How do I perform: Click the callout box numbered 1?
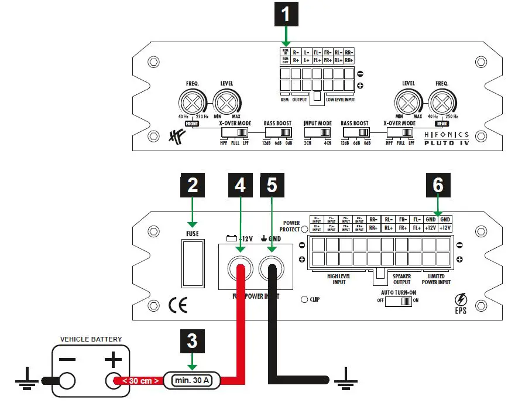(x=286, y=14)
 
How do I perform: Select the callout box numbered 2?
(x=193, y=186)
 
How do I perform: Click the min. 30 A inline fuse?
(x=193, y=380)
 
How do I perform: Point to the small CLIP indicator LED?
(x=305, y=299)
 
